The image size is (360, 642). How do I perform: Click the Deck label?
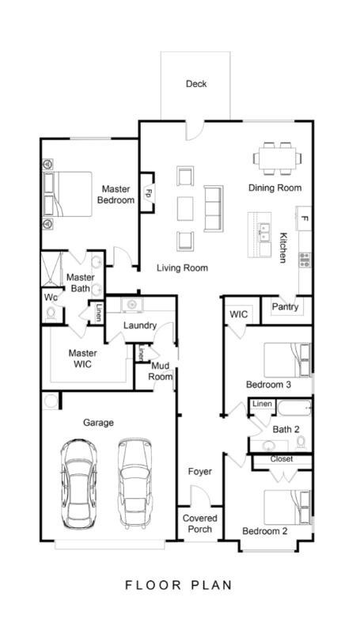(196, 84)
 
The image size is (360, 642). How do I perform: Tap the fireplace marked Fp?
(147, 192)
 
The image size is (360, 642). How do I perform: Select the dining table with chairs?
(278, 158)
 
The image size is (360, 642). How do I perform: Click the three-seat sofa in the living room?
(214, 208)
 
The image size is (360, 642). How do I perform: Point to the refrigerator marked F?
(304, 218)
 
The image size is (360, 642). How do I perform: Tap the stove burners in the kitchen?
(305, 260)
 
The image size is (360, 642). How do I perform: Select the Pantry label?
(286, 306)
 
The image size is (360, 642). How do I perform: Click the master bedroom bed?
(67, 194)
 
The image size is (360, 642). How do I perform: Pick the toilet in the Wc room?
(51, 313)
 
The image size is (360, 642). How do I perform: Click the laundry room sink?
(131, 305)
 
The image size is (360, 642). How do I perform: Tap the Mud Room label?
(160, 371)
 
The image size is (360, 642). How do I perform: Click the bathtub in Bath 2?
(294, 408)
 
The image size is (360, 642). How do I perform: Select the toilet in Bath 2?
(301, 443)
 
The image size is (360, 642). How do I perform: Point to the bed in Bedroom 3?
(287, 360)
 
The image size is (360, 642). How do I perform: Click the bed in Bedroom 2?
(287, 507)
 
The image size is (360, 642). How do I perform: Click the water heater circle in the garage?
(51, 401)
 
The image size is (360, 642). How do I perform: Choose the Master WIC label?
(82, 359)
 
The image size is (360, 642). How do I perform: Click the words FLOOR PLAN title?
(178, 585)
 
